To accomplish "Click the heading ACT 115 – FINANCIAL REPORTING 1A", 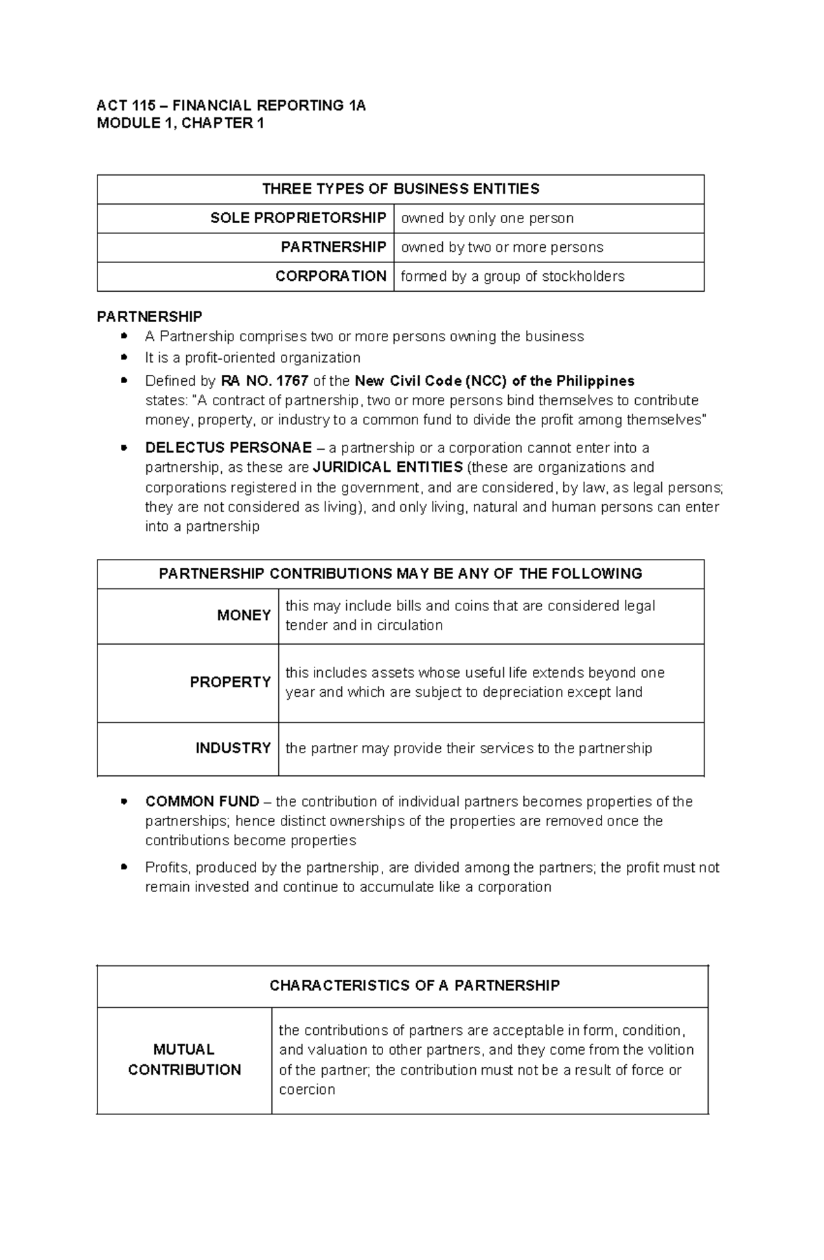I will (x=231, y=105).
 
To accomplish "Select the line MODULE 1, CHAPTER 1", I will (x=180, y=124).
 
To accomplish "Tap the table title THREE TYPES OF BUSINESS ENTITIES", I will (x=400, y=189).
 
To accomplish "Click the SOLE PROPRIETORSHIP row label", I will (x=298, y=218).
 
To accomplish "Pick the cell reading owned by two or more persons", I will (x=501, y=247).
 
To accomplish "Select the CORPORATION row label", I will (x=330, y=276).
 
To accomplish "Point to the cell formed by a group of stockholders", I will (x=512, y=276).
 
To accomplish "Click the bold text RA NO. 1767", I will (x=264, y=380).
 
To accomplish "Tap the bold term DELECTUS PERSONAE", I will (x=228, y=448).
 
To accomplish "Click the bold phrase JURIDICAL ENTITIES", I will (x=387, y=468).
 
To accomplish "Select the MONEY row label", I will (x=244, y=615).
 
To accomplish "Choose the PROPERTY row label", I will (x=230, y=682).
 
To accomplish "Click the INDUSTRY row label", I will (x=233, y=748).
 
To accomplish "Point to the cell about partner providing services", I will (x=468, y=748).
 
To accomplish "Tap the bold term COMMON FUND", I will (x=202, y=801).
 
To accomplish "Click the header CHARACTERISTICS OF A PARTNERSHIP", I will (x=414, y=985).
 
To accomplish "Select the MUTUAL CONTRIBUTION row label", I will (x=184, y=1059).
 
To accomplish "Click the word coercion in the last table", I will (x=307, y=1090).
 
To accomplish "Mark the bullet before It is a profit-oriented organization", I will (x=124, y=358).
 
